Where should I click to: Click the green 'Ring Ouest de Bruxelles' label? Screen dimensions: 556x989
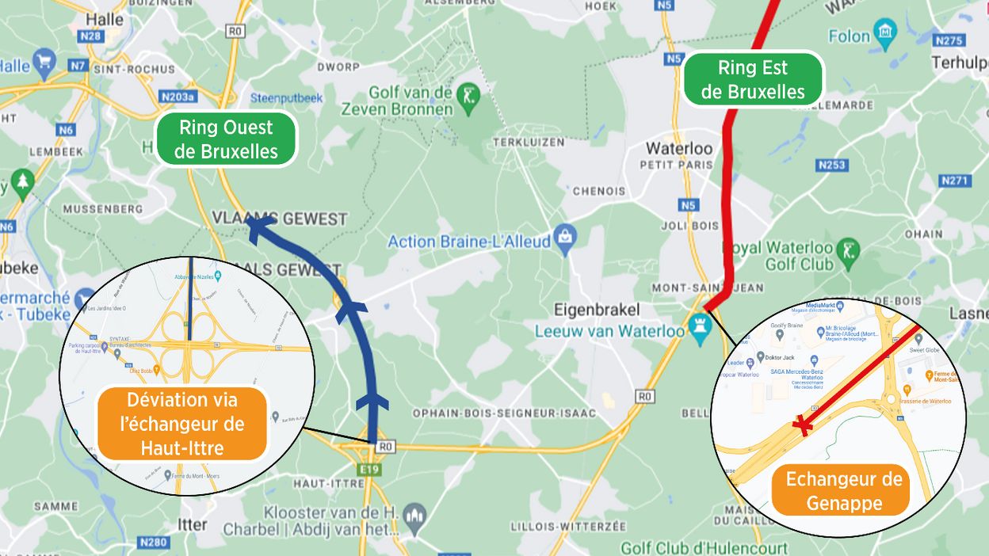[226, 139]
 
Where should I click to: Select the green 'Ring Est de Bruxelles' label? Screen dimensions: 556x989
[753, 79]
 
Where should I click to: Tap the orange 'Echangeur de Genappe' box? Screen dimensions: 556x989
[844, 490]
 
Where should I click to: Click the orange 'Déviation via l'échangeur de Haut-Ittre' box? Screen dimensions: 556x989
[181, 424]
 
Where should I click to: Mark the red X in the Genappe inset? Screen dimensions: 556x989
[804, 425]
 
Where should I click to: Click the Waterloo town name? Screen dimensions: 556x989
[679, 148]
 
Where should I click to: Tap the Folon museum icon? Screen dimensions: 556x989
[884, 34]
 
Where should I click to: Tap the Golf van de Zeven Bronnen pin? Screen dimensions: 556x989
[470, 99]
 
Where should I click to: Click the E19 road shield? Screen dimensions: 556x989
[369, 469]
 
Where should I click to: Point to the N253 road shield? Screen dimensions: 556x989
[831, 165]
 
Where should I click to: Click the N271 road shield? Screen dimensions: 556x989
[954, 181]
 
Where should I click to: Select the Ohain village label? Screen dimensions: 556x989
[923, 234]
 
